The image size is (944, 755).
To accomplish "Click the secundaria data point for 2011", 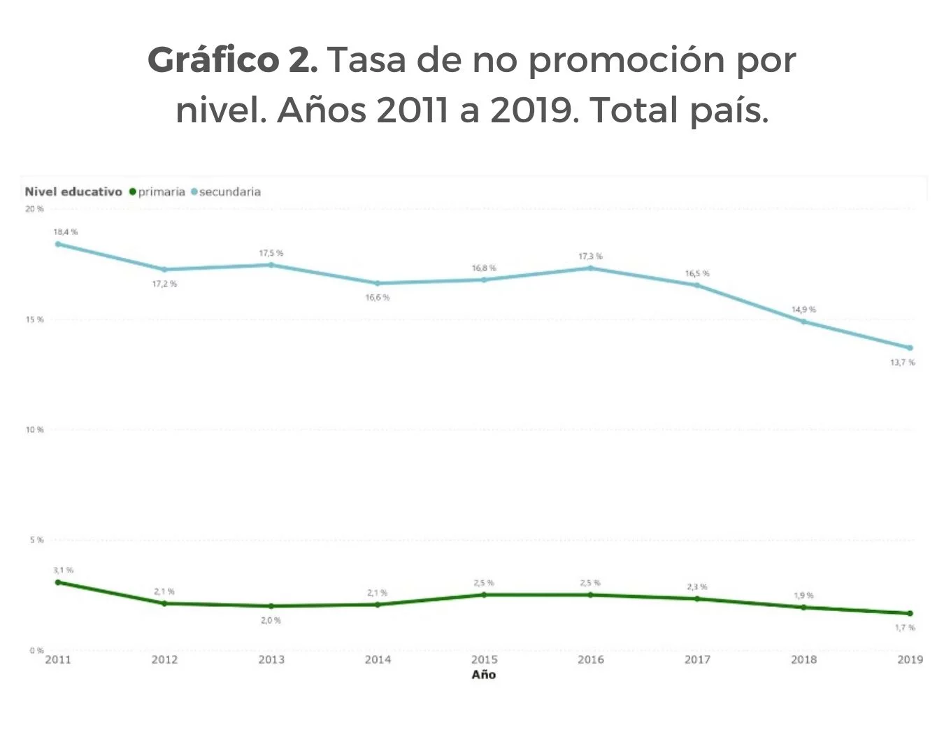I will tap(58, 244).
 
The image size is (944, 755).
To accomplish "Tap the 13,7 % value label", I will tap(902, 363).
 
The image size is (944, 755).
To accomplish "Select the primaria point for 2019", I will tap(910, 614).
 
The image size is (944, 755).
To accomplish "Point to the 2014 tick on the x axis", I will tap(378, 659).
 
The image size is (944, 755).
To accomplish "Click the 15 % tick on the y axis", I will tap(35, 319).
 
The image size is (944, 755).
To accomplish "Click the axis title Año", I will tap(484, 675).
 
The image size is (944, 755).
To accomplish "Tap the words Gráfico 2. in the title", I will tap(233, 61).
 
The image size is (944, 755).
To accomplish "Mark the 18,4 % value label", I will tap(66, 231).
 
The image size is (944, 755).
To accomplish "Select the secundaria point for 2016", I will tap(590, 268).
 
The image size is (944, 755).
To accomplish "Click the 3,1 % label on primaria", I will tap(63, 570).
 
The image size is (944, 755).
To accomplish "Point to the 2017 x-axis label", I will tap(697, 659).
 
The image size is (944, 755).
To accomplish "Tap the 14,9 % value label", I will tap(803, 309).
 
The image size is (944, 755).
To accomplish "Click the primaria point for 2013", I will tap(271, 606).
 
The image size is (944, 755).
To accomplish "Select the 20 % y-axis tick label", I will tap(35, 209).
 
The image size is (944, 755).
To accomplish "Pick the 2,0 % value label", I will tap(271, 621).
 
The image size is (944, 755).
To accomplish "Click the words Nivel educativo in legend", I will tap(73, 192).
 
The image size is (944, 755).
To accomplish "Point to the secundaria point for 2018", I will tap(803, 322).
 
